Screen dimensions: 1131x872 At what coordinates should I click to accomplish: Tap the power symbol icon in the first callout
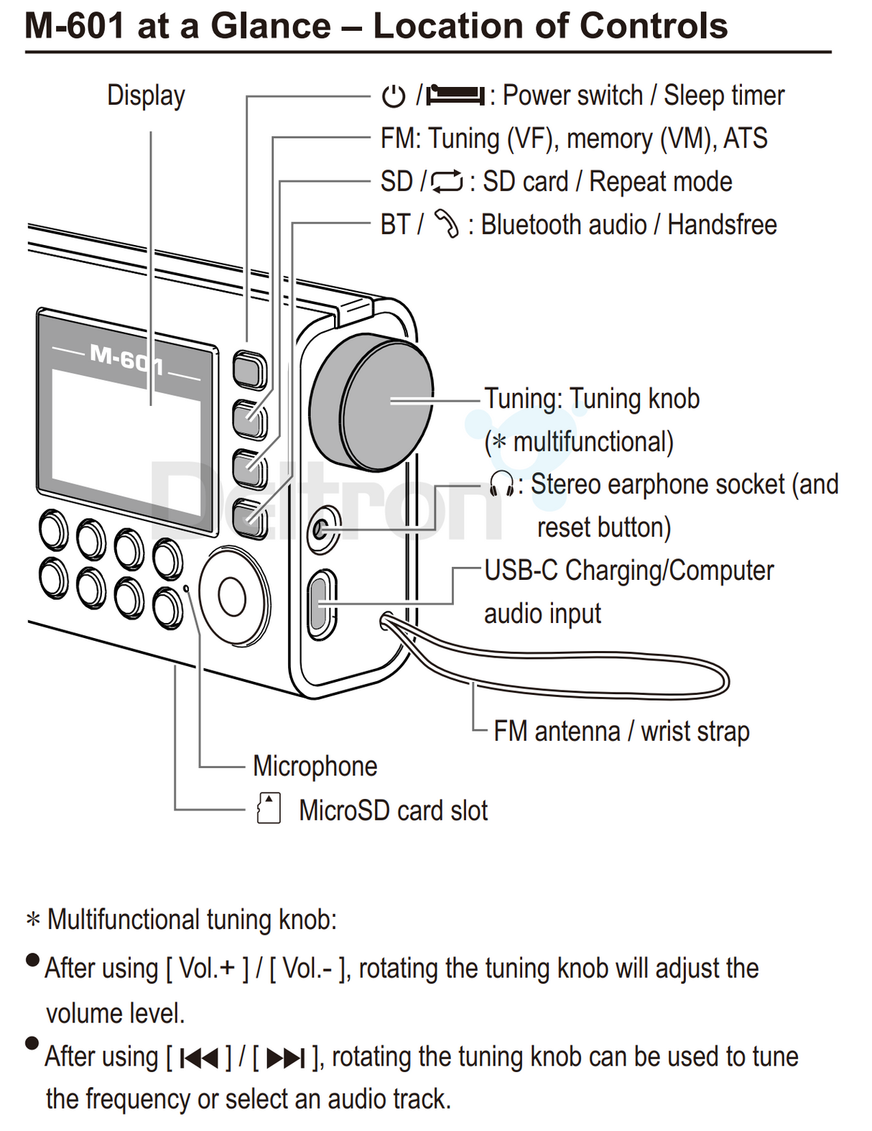point(393,96)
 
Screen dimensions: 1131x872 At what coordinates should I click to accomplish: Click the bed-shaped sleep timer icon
point(456,95)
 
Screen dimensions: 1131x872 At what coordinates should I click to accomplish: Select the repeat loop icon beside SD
point(447,182)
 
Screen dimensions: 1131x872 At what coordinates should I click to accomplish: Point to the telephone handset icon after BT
point(446,224)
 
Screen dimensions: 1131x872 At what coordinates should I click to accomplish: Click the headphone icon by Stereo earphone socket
point(501,484)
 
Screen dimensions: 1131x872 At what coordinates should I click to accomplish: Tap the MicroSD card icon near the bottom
point(269,808)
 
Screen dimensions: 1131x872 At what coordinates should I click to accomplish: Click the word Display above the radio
point(146,96)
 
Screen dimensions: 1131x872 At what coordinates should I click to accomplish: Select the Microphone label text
point(315,766)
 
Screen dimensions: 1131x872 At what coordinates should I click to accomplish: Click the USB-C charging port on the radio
point(321,604)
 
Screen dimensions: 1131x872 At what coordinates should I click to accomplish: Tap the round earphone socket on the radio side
point(322,531)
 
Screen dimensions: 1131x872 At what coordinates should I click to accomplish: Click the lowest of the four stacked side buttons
point(249,518)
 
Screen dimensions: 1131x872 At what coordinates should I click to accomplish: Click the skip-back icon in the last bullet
point(199,1057)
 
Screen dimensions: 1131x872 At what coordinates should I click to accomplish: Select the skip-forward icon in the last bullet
point(285,1057)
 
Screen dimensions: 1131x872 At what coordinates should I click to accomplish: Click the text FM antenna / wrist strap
point(621,731)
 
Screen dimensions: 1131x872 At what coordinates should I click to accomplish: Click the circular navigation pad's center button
point(232,596)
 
